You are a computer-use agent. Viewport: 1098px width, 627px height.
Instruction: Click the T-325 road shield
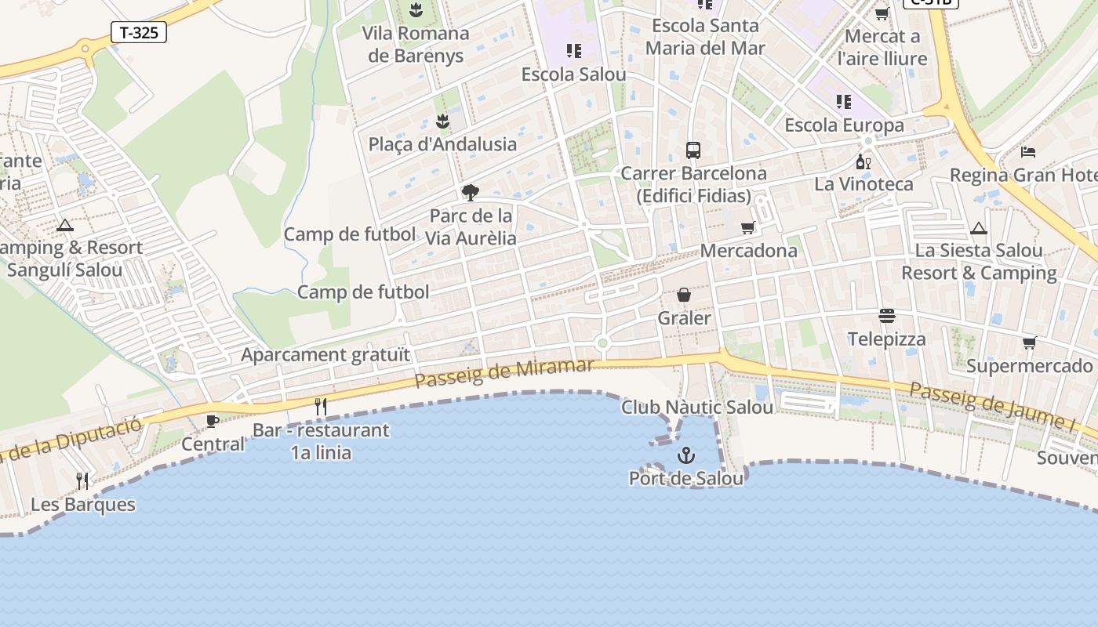point(140,32)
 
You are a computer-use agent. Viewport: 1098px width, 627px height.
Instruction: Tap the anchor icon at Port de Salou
point(686,455)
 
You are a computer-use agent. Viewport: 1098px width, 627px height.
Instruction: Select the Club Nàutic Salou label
point(696,407)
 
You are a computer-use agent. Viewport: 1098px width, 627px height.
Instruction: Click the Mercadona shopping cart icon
point(748,227)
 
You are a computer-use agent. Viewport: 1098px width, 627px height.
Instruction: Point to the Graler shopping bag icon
point(684,295)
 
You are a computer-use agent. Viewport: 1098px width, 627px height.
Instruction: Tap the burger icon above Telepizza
point(887,316)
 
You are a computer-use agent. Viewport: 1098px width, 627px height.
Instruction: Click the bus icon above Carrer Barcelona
point(693,150)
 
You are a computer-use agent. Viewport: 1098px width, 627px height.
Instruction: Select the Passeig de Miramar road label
point(504,373)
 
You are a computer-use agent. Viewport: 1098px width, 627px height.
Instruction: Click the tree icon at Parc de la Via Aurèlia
point(471,192)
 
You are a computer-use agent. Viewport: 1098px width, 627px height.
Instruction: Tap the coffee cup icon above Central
point(212,421)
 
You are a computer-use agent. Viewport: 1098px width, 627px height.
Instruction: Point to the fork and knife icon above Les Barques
point(82,480)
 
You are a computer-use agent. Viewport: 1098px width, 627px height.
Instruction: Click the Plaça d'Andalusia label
point(442,144)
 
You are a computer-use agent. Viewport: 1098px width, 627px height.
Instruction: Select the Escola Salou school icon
point(574,51)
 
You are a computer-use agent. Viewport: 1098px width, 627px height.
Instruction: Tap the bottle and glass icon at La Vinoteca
point(863,162)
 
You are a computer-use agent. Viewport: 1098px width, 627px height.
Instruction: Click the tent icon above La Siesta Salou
point(978,228)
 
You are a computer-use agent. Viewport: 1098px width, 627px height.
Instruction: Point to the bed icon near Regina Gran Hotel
point(1028,151)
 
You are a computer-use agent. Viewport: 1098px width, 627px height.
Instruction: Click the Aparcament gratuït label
point(325,354)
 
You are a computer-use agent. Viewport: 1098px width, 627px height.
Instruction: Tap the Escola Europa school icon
point(844,102)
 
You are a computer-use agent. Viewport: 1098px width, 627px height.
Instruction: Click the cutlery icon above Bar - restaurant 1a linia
point(320,406)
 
